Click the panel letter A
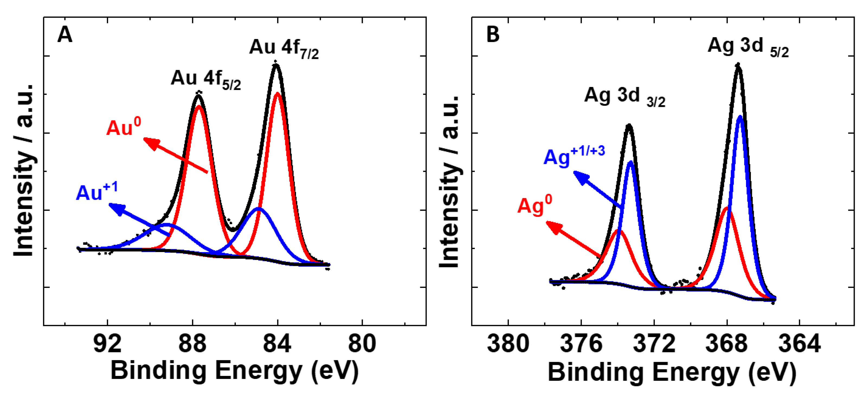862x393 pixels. pos(65,34)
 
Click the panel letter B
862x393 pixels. pos(493,34)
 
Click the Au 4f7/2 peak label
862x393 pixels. pos(284,49)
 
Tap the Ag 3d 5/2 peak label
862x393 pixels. pos(748,47)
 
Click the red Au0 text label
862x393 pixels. pos(123,127)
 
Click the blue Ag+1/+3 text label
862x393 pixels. pos(574,156)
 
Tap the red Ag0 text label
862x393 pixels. pos(534,205)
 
